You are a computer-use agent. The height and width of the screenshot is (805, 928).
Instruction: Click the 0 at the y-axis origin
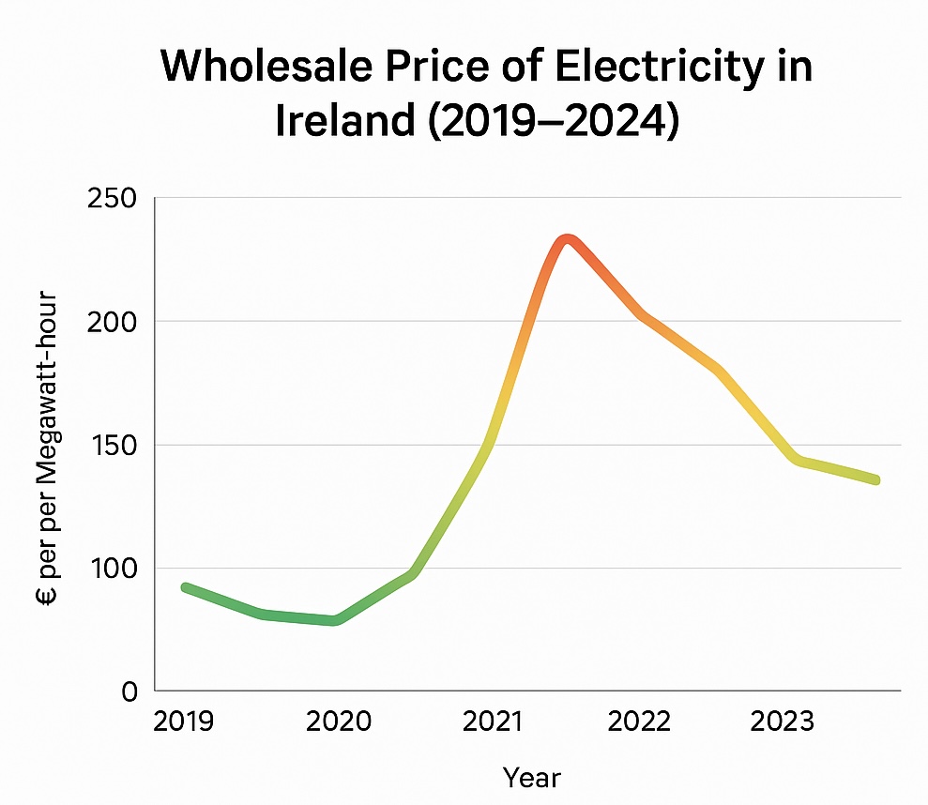129,691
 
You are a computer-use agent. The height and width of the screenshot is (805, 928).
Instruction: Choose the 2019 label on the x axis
184,721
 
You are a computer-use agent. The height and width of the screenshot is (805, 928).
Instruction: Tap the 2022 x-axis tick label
639,721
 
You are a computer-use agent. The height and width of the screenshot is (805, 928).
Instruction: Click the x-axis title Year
531,778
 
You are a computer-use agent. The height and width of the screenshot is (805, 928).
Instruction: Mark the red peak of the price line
566,238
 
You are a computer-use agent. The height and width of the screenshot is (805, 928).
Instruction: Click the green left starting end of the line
186,587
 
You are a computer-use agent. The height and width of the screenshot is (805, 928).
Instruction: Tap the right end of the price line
875,479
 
